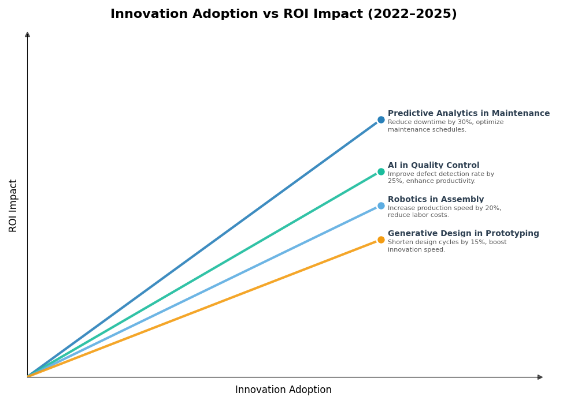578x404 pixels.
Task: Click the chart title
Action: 283,14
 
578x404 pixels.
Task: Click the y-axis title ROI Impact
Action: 13,205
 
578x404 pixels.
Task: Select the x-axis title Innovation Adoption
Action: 283,390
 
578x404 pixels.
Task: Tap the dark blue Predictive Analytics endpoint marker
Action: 381,120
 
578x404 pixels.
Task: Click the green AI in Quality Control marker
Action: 381,171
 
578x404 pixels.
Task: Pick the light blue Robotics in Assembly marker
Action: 381,205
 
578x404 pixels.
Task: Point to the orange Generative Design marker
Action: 381,240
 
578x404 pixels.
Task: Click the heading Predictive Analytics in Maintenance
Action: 468,114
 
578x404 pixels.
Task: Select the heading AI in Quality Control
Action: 433,166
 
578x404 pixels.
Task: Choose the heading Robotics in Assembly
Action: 436,200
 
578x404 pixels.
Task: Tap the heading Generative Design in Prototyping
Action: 463,234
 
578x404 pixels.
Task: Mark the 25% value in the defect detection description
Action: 395,181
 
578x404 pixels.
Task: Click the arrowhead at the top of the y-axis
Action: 27,35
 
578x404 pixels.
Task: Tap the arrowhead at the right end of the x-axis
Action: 540,377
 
